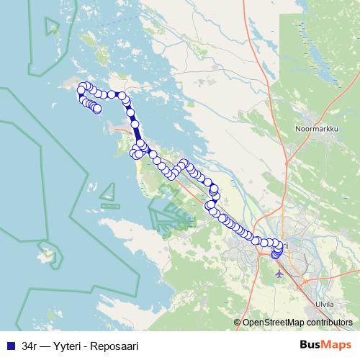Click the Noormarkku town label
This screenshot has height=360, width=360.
tap(314, 130)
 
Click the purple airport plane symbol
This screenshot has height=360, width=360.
tap(280, 274)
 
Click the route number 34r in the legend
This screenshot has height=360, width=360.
tap(29, 346)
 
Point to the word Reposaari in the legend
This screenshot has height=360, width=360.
tap(114, 346)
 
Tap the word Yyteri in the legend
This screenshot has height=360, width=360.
tap(66, 346)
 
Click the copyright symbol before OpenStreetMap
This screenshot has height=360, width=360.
tap(238, 323)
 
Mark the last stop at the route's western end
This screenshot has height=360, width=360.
tap(97, 109)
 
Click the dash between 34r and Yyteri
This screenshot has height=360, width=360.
tap(45, 346)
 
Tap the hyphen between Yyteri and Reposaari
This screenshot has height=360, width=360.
tap(86, 346)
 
